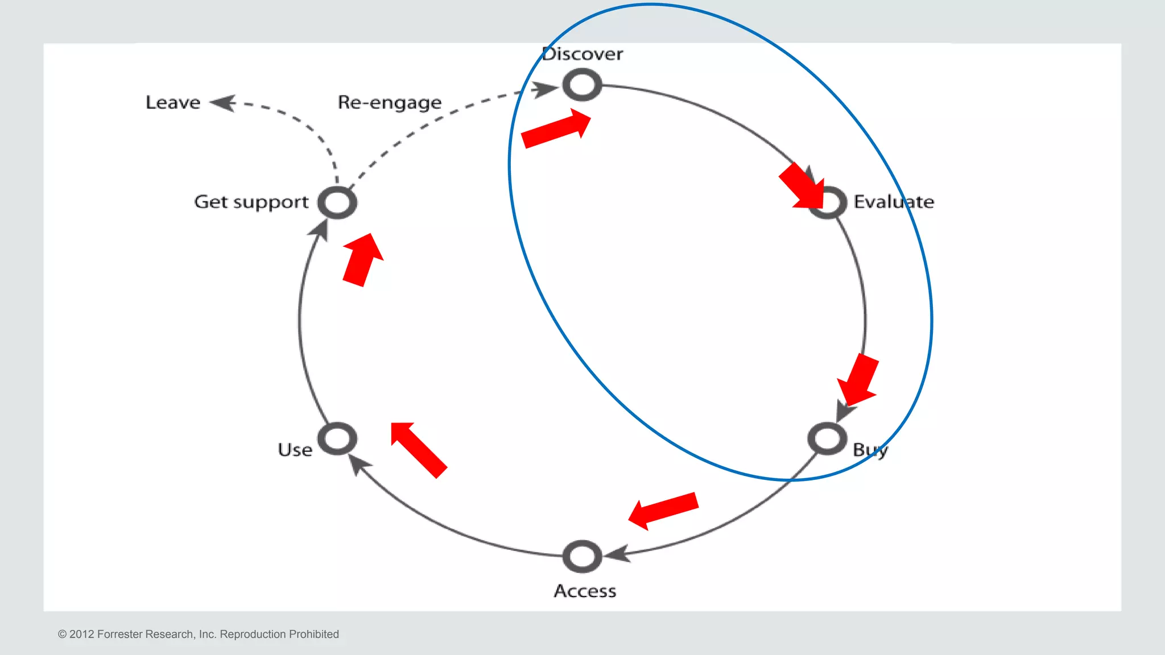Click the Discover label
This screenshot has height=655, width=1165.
(582, 54)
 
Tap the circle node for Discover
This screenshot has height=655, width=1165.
(582, 85)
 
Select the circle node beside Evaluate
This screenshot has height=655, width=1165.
(828, 202)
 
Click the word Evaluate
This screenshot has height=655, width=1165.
(894, 202)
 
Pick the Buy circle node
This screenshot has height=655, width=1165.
(827, 439)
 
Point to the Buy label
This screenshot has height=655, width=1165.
(870, 450)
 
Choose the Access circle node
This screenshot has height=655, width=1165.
(582, 556)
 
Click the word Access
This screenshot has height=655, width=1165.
(585, 591)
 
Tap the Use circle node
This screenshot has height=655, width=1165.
(337, 439)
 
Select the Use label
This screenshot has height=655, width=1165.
(295, 450)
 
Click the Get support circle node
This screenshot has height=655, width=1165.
(337, 202)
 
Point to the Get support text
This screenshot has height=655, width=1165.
(251, 202)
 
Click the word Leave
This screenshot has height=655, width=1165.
(173, 102)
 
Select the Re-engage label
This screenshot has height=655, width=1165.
(390, 102)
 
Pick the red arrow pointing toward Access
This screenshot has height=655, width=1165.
(663, 510)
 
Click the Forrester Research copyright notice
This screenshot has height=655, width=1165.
(198, 634)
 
